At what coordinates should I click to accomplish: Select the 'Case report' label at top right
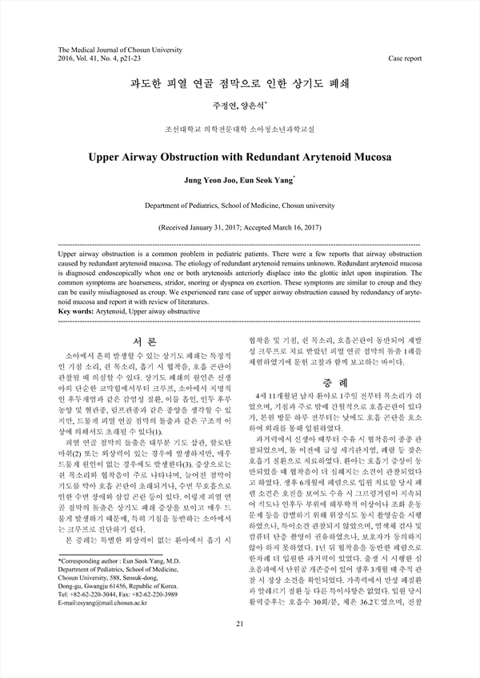(404, 59)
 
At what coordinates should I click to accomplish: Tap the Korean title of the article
(239, 82)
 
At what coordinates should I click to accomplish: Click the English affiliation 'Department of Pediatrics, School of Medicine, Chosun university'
(239, 205)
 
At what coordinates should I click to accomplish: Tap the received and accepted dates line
(239, 227)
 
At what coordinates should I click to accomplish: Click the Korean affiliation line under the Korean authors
(239, 128)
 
